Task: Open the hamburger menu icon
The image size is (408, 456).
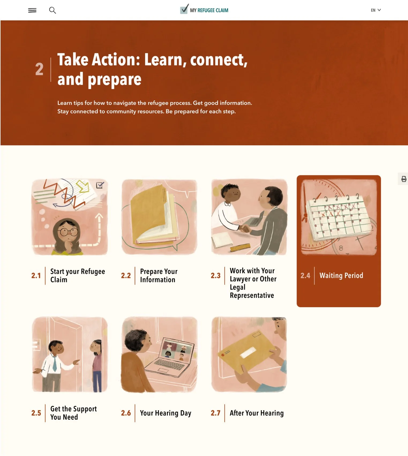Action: [x=32, y=10]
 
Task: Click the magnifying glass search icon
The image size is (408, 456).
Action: [x=53, y=10]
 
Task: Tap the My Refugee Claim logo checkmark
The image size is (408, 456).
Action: [x=184, y=9]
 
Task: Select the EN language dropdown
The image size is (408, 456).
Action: [x=376, y=10]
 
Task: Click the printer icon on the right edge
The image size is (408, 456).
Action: [x=404, y=179]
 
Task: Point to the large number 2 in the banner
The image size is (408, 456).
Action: [x=39, y=69]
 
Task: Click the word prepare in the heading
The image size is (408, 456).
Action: [x=114, y=80]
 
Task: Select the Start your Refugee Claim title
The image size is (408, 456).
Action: [x=77, y=276]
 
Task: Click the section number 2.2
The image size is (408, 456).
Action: [x=126, y=276]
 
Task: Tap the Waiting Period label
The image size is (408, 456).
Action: [x=341, y=276]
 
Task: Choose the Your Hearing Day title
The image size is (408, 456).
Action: [x=166, y=413]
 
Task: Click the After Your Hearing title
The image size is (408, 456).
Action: [x=257, y=413]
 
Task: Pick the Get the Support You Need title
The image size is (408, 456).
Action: [x=73, y=413]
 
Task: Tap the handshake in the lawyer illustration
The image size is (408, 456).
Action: [x=244, y=229]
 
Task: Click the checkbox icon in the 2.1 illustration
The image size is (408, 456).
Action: [x=100, y=185]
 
